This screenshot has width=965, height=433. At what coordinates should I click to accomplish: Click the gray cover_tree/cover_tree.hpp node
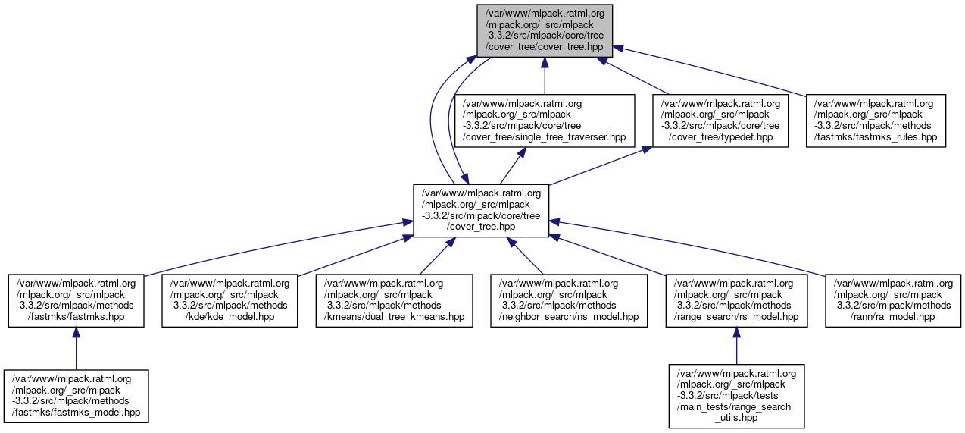tap(545, 30)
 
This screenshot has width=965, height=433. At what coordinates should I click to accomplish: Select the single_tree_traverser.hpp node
tap(544, 121)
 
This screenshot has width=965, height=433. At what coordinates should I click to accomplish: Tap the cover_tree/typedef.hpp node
tap(720, 121)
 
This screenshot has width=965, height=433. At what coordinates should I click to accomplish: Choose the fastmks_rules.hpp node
tap(876, 121)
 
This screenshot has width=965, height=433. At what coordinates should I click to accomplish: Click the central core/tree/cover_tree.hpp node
tap(481, 210)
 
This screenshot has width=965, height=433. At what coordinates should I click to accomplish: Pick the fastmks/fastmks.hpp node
tap(76, 300)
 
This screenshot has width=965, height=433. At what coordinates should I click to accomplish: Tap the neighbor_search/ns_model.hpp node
tap(569, 300)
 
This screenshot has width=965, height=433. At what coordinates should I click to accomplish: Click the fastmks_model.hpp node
tap(76, 396)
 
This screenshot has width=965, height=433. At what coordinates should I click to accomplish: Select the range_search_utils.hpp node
tap(736, 396)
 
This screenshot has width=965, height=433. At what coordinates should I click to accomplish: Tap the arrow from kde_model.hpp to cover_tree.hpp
tap(348, 256)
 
